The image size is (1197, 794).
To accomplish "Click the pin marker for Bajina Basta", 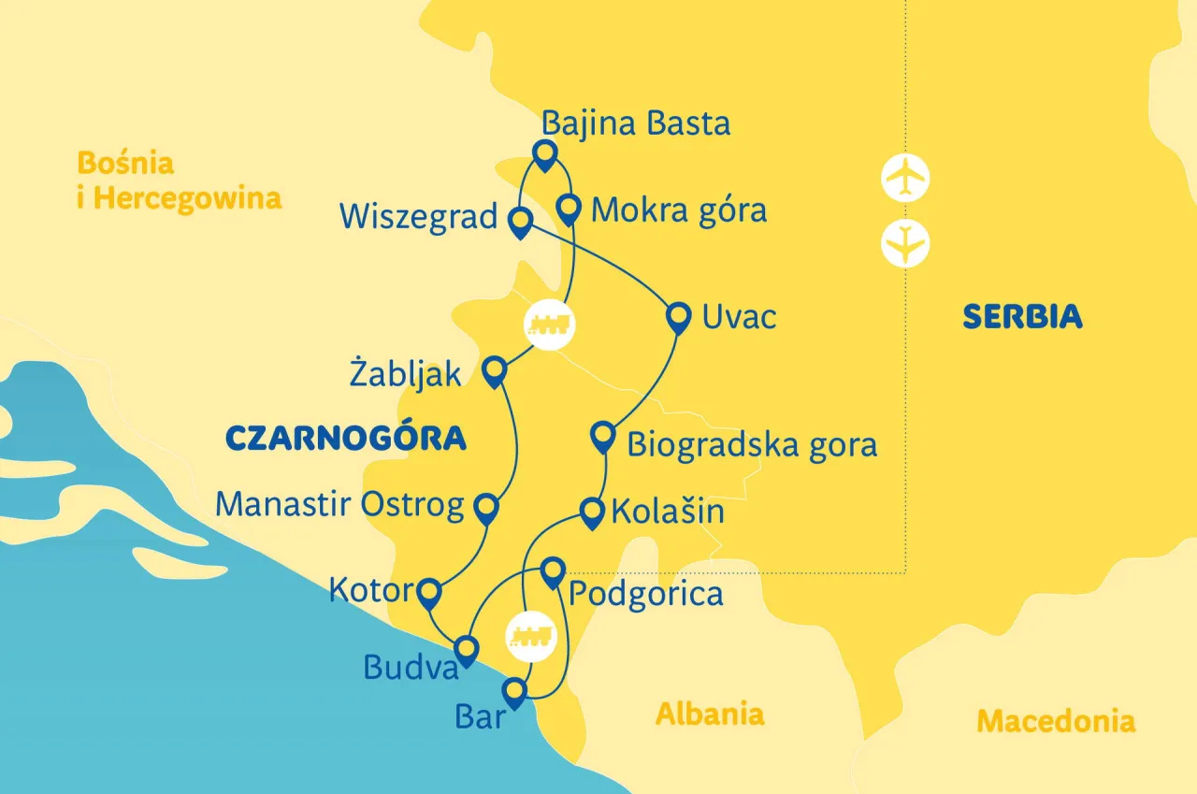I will [543, 153].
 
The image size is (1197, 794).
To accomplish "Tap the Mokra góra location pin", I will [569, 208].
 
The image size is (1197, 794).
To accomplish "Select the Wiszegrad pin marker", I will [520, 223].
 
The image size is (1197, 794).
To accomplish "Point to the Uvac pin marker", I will [678, 316].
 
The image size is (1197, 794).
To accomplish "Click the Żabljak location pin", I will [494, 371].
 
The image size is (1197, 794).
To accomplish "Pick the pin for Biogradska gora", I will [604, 436].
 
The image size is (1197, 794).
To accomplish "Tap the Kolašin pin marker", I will [592, 512].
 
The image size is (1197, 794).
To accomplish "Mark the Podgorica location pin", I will [554, 570].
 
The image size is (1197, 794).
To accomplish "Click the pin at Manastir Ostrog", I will [486, 507].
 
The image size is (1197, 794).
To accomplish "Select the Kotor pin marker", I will [429, 592].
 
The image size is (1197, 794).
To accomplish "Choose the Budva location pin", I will [466, 649].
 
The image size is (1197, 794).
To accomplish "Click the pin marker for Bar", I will [514, 693].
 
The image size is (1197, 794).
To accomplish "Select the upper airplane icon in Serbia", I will [905, 178].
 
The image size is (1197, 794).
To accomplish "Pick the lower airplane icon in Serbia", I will [905, 244].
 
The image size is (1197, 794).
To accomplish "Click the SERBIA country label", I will [1022, 317].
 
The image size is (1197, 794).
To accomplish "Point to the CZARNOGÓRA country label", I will [346, 438].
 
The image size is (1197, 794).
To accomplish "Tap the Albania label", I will [709, 714].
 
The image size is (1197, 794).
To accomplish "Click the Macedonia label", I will [1056, 721].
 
